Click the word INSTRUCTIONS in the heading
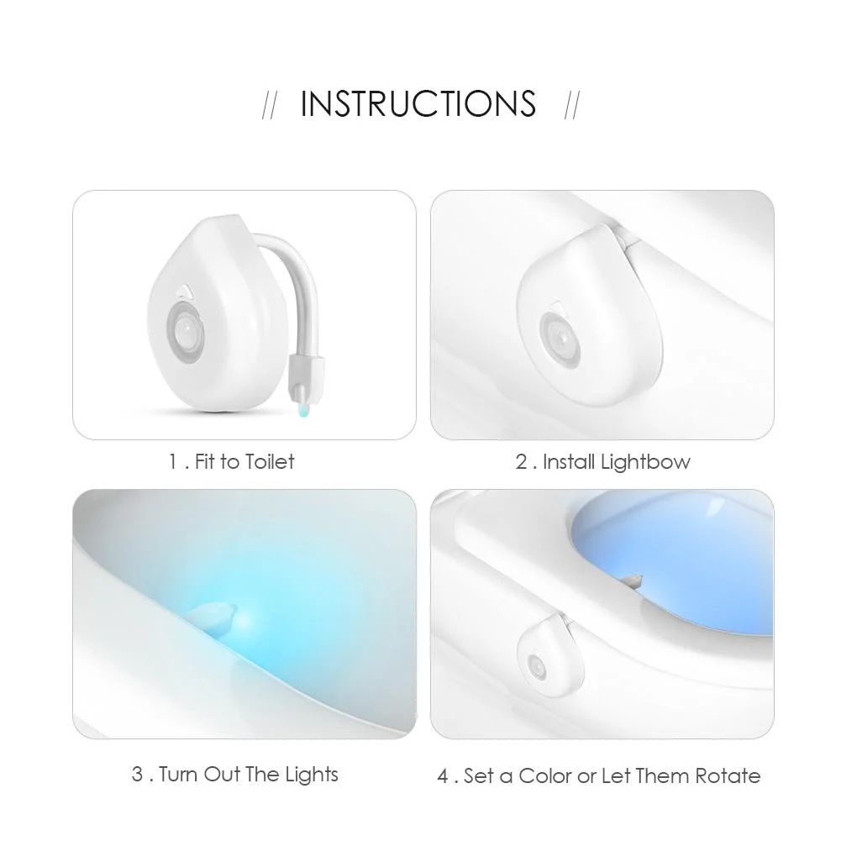point(418,104)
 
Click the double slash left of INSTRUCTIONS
point(270,107)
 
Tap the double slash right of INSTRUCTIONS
point(572,107)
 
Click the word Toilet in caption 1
point(269,461)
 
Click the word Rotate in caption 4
point(728,775)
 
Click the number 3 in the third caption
point(137,774)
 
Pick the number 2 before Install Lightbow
point(521,461)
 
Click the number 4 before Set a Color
point(444,775)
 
